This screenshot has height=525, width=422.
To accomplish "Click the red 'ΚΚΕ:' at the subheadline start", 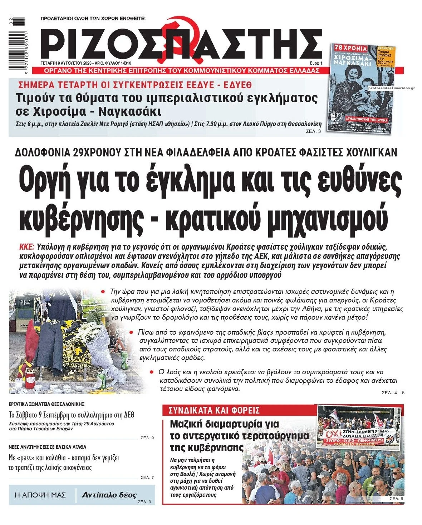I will point(27,247).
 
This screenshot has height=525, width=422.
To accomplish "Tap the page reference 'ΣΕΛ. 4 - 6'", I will point(393,393).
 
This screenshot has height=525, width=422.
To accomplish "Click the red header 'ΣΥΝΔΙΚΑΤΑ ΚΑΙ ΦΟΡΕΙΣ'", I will point(214,410).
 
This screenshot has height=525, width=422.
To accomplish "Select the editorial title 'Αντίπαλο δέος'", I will point(109,495).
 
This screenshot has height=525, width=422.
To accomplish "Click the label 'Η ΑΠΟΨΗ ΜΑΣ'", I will point(40,495).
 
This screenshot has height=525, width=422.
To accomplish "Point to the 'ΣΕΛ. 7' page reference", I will point(147,477).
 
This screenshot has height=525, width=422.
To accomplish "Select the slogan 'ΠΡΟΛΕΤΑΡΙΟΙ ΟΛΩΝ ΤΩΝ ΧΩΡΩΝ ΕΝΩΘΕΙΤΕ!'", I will point(93,18).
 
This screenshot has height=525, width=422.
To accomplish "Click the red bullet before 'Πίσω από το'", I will point(132,332).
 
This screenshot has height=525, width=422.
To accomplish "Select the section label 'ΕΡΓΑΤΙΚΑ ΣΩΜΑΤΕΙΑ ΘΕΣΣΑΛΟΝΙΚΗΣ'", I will point(47,404).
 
